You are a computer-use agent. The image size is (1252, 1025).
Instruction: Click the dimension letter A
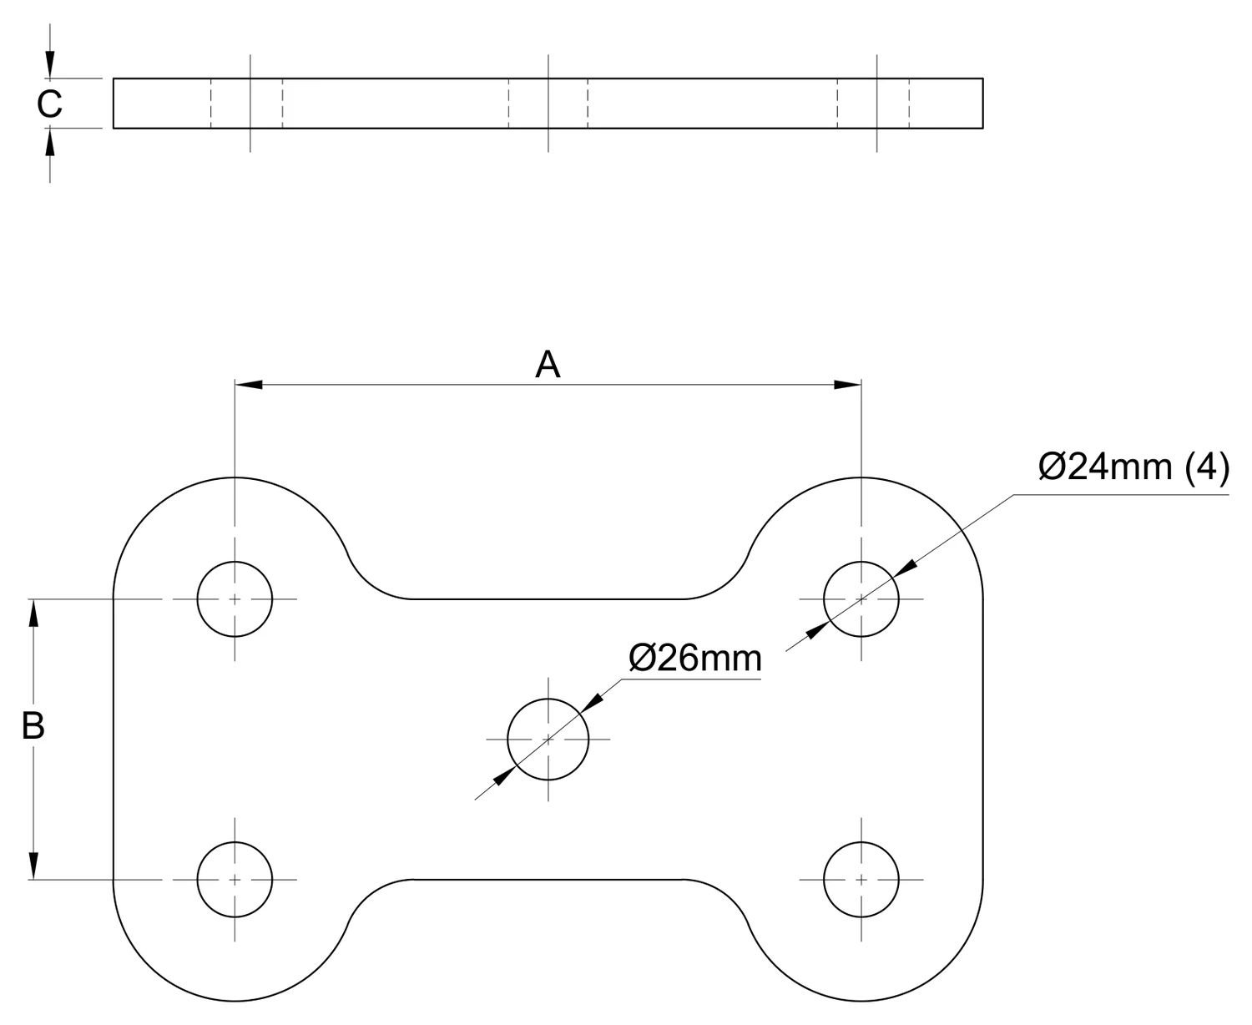coord(547,364)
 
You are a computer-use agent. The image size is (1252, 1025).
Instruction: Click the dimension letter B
coord(33,725)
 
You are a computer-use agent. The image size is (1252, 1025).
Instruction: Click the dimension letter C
coord(49,104)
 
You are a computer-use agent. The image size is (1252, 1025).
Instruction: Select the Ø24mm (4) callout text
coord(1134,467)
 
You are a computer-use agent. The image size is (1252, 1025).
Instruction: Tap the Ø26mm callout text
coord(695,658)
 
